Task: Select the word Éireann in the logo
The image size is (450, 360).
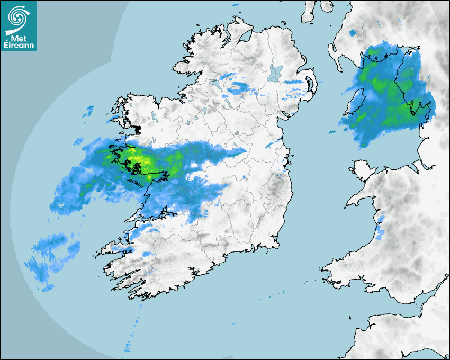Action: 19,46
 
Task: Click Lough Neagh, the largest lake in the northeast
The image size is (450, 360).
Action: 275,73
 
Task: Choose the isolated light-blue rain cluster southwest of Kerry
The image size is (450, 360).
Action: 53,254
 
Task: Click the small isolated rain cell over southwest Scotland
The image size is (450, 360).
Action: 353,33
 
